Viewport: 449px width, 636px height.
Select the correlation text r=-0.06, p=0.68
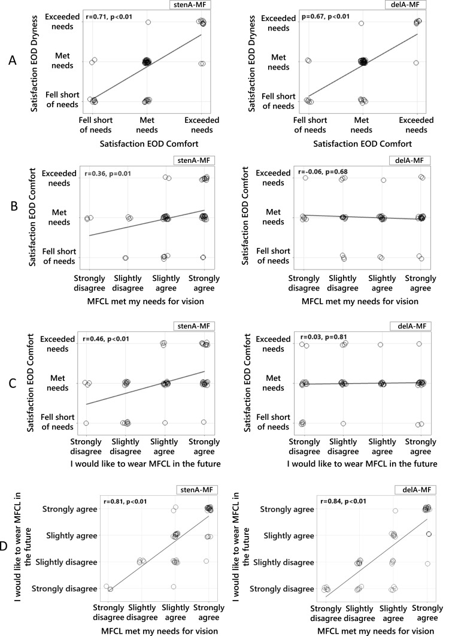coord(327,173)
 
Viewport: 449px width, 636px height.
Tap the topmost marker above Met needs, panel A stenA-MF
coord(148,22)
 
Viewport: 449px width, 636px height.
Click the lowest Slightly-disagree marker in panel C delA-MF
coord(344,423)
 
